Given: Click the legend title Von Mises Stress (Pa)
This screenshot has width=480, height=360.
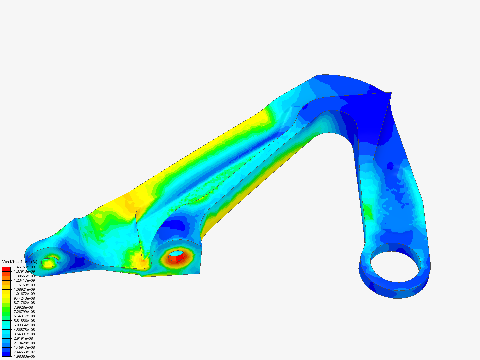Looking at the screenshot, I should [x=20, y=262].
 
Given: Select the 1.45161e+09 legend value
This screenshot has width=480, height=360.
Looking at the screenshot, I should [x=24, y=267].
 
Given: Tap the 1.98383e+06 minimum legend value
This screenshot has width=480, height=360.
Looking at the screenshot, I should [x=24, y=356].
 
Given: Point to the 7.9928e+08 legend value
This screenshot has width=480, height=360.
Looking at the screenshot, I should [x=23, y=307].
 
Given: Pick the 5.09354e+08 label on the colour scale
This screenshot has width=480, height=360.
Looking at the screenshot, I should [x=24, y=325].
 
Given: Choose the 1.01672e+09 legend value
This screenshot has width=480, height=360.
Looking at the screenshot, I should [x=24, y=294].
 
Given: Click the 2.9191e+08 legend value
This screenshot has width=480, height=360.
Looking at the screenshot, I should [x=23, y=338].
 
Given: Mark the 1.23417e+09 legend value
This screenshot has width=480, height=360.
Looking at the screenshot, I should [x=24, y=280].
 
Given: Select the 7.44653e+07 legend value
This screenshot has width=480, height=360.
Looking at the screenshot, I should [x=24, y=352].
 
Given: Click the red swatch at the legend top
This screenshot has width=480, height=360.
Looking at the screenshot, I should [x=6, y=269].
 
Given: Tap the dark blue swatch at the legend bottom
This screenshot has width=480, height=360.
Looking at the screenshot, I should [x=6, y=354].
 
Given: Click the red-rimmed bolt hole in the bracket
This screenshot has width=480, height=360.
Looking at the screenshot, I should [x=177, y=256].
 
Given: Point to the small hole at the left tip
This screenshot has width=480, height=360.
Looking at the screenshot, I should [x=49, y=262].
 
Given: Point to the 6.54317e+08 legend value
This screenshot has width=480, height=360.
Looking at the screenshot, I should [x=24, y=316].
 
